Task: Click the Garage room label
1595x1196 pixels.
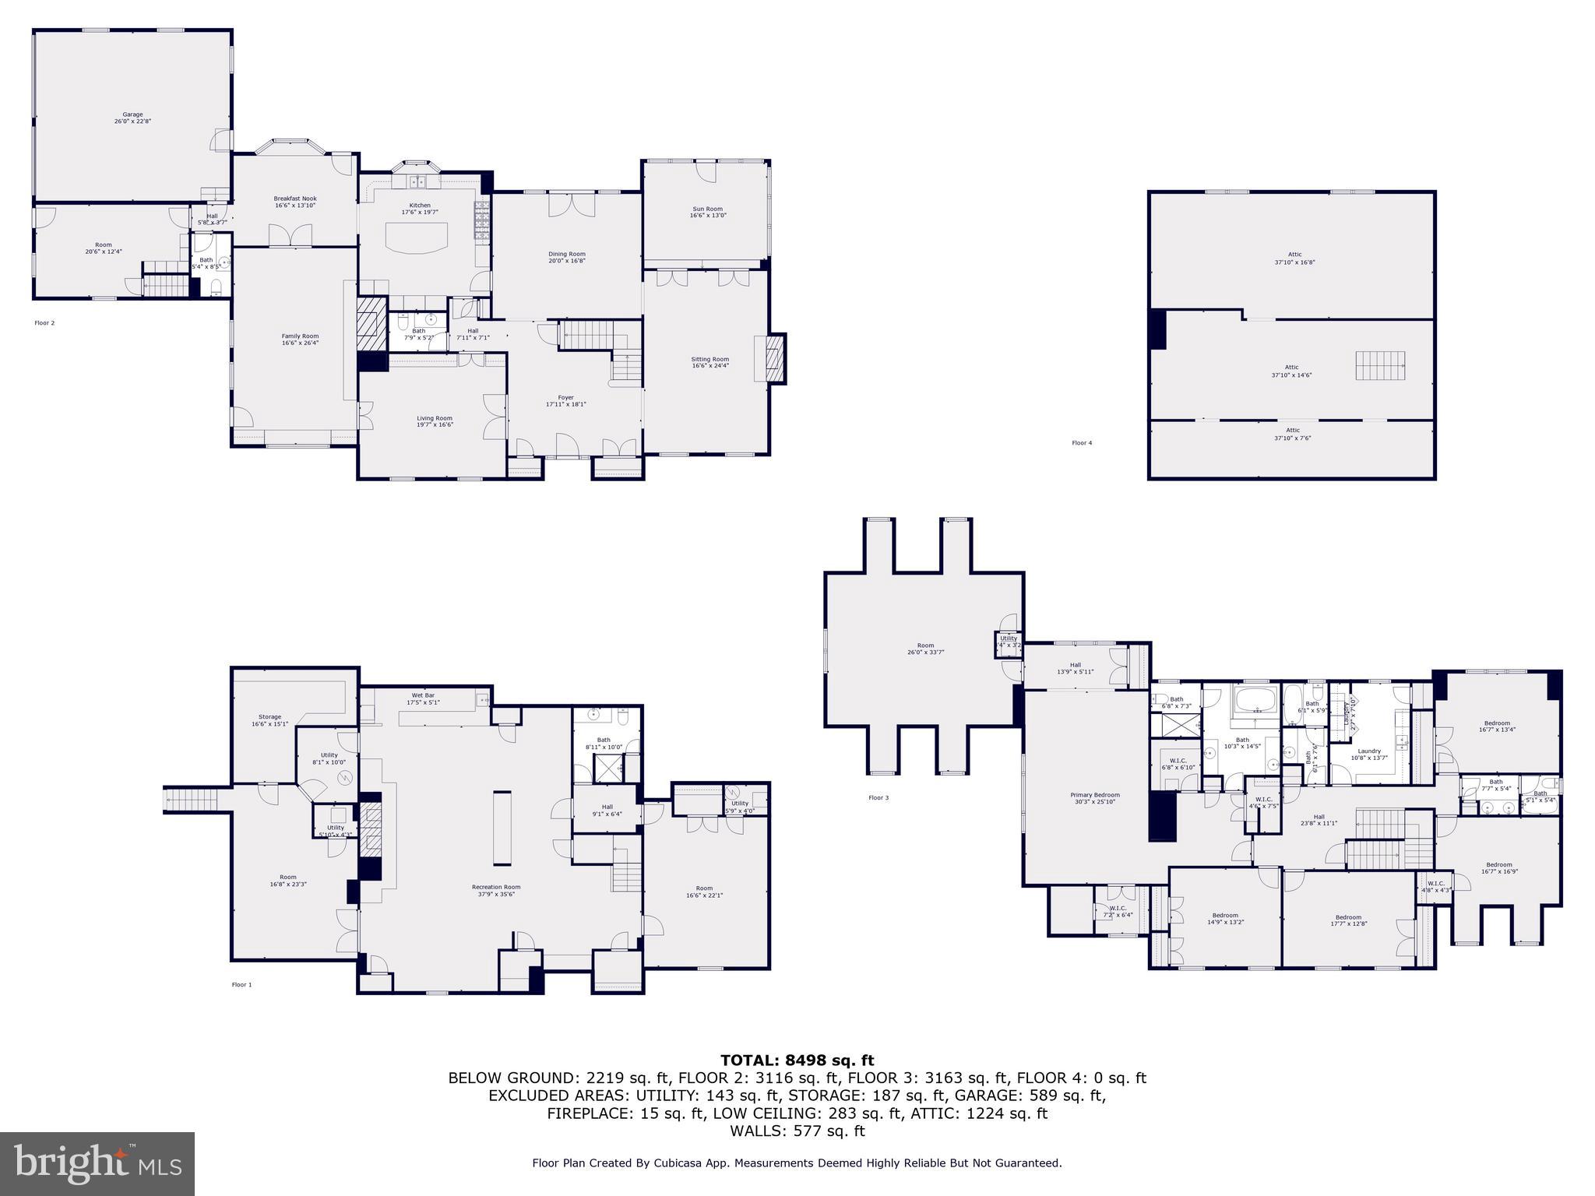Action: tap(132, 118)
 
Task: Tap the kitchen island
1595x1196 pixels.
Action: tap(419, 238)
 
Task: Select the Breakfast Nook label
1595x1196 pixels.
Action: tap(295, 202)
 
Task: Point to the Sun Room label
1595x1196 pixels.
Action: tap(707, 212)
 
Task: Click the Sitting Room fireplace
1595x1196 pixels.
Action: tap(775, 358)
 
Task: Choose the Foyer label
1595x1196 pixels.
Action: tap(565, 401)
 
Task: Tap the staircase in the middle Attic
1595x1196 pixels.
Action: tap(1380, 365)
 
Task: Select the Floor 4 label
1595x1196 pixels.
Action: tap(1082, 443)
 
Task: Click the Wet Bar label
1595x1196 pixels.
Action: tap(423, 698)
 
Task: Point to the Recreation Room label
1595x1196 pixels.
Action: tap(496, 890)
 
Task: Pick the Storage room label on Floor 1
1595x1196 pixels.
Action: tap(269, 720)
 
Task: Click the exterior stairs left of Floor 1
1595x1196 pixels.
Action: tap(185, 800)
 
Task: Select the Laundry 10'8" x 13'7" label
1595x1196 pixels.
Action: tap(1369, 754)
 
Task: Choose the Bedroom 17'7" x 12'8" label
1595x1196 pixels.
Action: tap(1348, 920)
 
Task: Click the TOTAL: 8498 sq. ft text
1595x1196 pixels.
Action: tap(797, 1061)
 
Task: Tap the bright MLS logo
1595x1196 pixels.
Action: tap(97, 1163)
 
